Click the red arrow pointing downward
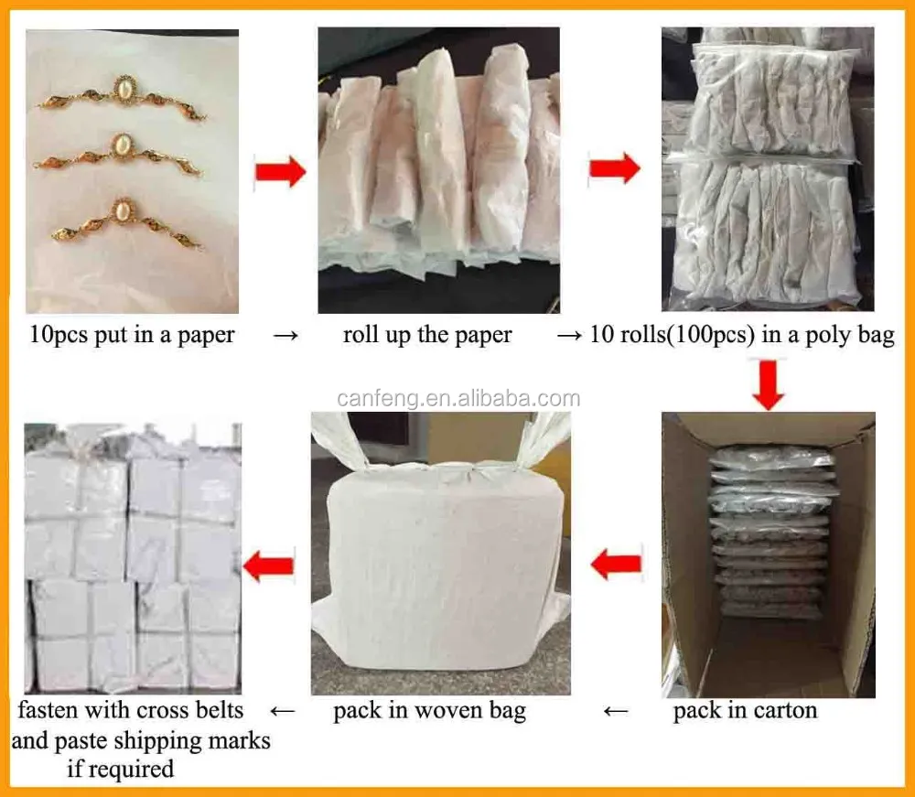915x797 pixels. tap(769, 384)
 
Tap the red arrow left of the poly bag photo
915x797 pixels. tap(613, 170)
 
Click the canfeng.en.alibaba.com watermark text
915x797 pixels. tap(458, 398)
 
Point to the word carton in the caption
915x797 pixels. tap(783, 711)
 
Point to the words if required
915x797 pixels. tap(121, 768)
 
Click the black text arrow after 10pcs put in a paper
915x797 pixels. tap(285, 336)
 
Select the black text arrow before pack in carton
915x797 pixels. tap(619, 711)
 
